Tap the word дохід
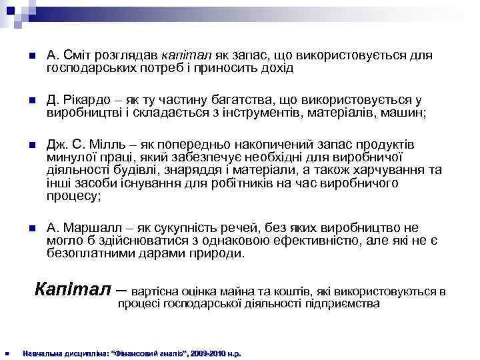click(x=273, y=68)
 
